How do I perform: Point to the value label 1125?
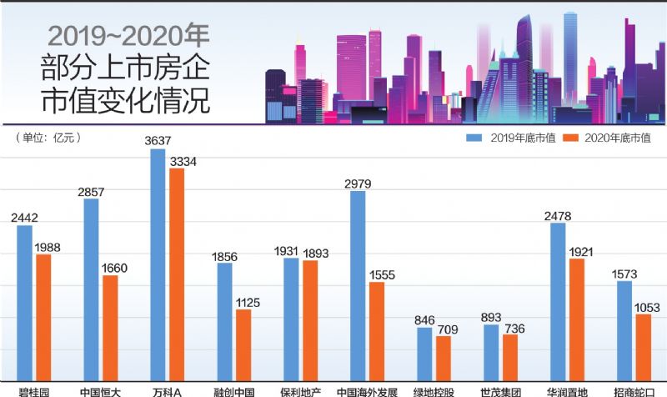(x=245, y=302)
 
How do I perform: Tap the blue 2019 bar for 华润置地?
(x=558, y=304)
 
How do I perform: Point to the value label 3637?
(x=158, y=141)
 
